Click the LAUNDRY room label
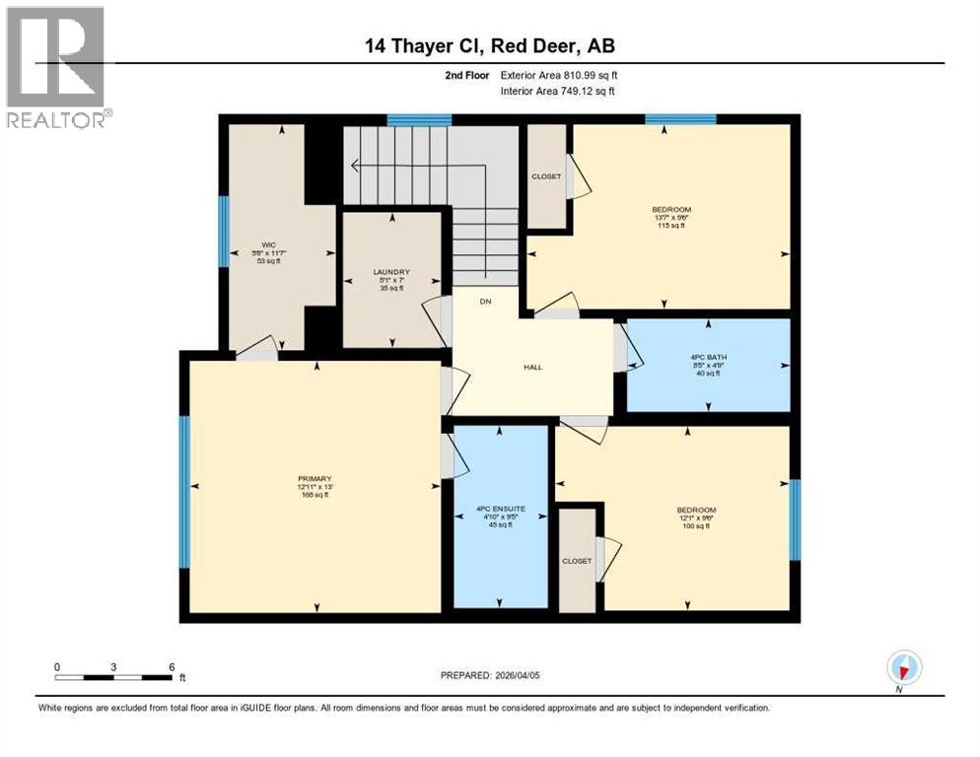[x=391, y=272]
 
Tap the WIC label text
[x=266, y=244]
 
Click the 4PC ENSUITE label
[x=501, y=510]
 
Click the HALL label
[x=532, y=368]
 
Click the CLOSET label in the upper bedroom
[x=546, y=176]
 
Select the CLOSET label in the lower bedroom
[x=577, y=561]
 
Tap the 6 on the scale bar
[x=171, y=666]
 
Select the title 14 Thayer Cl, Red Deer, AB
[x=490, y=45]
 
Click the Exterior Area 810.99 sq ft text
[x=560, y=75]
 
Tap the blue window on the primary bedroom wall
[x=183, y=491]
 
